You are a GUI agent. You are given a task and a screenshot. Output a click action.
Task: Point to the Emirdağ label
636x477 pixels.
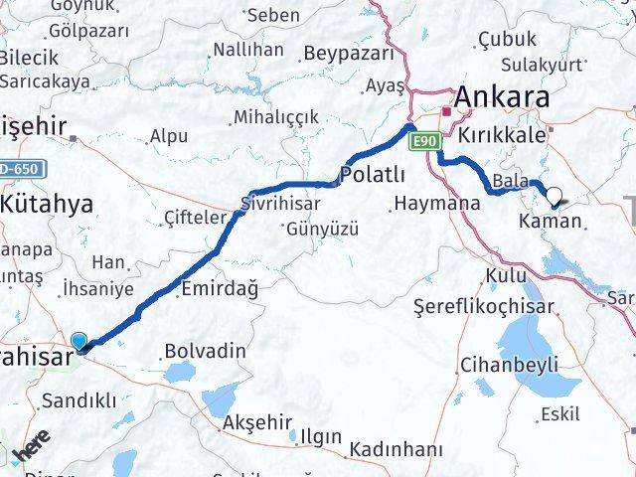coord(220,290)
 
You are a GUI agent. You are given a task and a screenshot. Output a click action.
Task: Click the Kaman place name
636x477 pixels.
coord(550,220)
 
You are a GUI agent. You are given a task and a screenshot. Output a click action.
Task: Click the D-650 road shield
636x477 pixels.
coord(19,169)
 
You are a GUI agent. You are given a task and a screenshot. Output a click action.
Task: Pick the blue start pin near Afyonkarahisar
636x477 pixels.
coord(79,341)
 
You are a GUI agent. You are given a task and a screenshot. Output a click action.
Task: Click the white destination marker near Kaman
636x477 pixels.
coord(554,197)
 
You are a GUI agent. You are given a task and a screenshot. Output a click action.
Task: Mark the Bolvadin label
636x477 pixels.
coord(205,351)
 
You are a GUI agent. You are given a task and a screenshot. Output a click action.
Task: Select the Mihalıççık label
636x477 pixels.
coord(276,117)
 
